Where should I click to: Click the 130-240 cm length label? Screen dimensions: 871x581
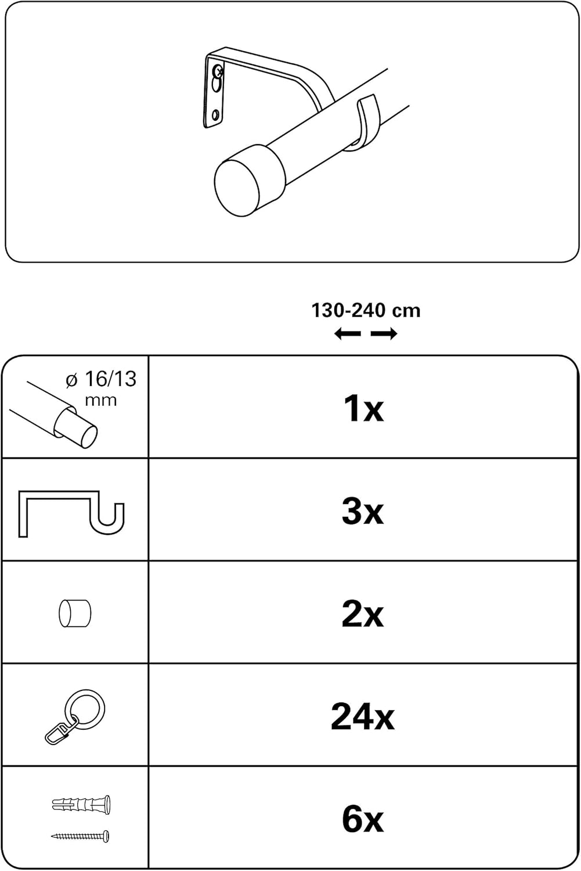[x=366, y=311]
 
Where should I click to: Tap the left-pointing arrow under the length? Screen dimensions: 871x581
[x=348, y=334]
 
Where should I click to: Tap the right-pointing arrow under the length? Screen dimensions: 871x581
[x=384, y=334]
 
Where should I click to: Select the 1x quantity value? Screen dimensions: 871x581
[x=363, y=408]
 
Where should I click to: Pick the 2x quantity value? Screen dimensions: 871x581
[x=363, y=614]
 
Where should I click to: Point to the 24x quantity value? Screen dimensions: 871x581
[x=363, y=717]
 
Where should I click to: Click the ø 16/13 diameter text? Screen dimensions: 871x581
[x=101, y=379]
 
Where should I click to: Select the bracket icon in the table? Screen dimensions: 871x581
[x=71, y=513]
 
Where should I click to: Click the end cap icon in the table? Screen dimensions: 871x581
[x=75, y=614]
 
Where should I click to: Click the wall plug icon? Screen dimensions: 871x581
[x=81, y=805]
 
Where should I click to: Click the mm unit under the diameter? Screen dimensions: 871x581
[x=100, y=400]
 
